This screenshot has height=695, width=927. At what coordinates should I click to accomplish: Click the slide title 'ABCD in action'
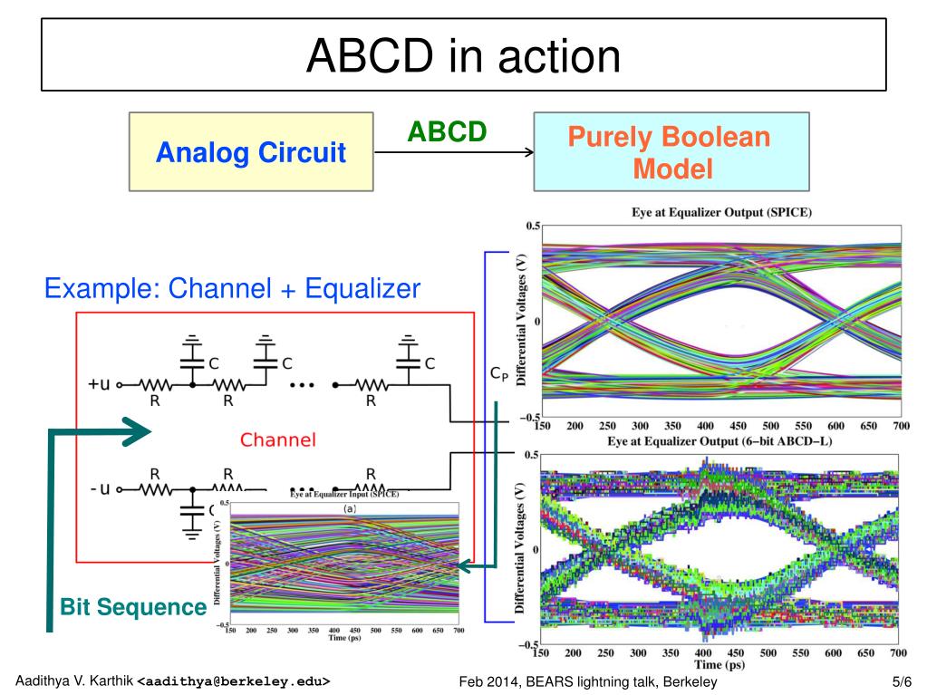pos(463,57)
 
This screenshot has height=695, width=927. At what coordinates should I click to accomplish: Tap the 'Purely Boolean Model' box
pos(671,152)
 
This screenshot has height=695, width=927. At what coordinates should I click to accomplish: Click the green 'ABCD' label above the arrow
pos(447,132)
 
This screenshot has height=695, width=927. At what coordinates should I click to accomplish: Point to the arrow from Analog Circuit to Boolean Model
pos(453,153)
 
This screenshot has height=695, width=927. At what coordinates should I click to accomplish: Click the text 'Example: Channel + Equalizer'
pos(233,289)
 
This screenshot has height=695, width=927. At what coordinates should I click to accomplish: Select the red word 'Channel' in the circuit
pos(278,440)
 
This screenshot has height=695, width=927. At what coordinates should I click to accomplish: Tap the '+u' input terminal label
pos(100,383)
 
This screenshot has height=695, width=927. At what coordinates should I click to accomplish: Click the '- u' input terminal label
pos(100,489)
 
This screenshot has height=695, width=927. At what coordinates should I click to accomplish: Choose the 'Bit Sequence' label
pos(133,607)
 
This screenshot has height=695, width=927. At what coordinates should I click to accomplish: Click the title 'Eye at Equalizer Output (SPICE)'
pos(721,213)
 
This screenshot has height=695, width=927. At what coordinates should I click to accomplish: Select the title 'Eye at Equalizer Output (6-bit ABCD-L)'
pos(719,440)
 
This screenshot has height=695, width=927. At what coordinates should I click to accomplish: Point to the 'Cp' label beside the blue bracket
pos(498,373)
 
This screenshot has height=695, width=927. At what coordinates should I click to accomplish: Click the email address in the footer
pos(233,681)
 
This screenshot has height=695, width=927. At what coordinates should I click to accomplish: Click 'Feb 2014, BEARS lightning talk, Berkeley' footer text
pos(588,681)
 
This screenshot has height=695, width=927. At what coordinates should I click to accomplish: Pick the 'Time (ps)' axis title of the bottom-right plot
pos(721,665)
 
